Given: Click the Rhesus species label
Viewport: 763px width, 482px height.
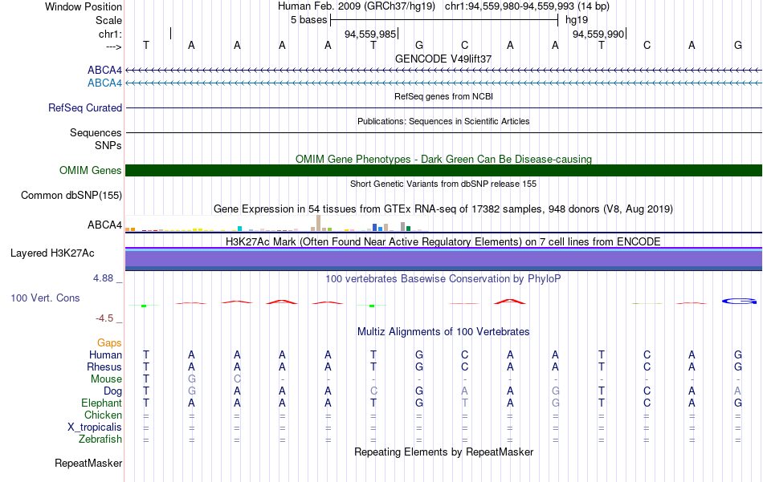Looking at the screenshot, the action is pos(104,367).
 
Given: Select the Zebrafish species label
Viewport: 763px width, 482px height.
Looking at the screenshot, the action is pos(100,439).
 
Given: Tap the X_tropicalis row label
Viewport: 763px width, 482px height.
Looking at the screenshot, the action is pos(95,427).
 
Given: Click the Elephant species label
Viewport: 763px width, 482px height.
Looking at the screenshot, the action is pos(102,403).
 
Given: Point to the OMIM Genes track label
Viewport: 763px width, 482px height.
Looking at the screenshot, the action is pos(91,170).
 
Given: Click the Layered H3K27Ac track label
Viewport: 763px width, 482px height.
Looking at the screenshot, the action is pos(52,253).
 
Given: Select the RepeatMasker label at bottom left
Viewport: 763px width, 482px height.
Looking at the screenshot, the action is pos(88,463).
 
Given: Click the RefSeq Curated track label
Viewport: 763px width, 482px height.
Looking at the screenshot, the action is pos(85,107).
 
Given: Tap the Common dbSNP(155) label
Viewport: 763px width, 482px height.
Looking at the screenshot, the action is pos(71,196).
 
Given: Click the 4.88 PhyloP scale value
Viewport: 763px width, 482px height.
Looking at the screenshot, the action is pos(103,278).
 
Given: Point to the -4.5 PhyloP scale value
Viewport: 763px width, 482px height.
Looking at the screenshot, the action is pos(104,318).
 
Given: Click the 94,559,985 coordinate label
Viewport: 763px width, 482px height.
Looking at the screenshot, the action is pos(369,34).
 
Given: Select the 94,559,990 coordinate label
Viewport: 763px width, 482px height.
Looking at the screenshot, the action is pos(598,34).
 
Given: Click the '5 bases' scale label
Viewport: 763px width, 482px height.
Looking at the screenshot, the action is pos(309,20).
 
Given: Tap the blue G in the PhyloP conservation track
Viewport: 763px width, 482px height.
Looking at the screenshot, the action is pos(739,302).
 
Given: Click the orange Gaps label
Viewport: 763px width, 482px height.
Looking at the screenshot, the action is pos(109,343).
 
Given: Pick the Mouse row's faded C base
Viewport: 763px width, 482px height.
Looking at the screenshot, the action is pos(237,379).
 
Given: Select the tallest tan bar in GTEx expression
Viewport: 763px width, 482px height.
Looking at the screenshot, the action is pos(318,223).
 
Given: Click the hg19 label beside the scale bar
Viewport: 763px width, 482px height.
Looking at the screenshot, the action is pos(577,20).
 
